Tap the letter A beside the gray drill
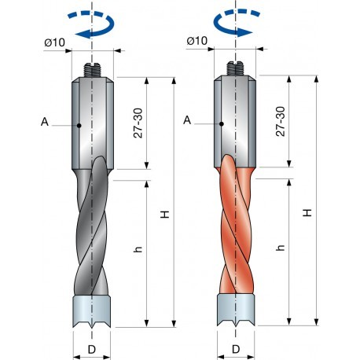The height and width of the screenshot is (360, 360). pos(45,123)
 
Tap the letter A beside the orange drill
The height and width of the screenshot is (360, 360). pos(186,119)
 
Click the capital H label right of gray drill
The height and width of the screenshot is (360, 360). pos(165,214)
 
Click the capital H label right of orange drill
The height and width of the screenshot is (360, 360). pos(308,212)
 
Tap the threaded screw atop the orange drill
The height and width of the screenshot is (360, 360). pos(236,69)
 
